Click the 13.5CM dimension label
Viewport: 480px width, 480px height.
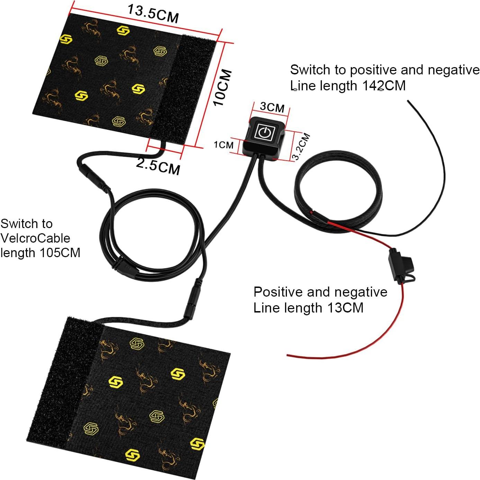(x=153, y=13)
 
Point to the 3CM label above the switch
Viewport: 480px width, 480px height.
(x=272, y=107)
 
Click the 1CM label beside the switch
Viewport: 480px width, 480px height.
(x=224, y=145)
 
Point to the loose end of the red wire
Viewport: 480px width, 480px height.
(x=288, y=355)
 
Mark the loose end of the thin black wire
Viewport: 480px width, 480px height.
(x=409, y=101)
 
